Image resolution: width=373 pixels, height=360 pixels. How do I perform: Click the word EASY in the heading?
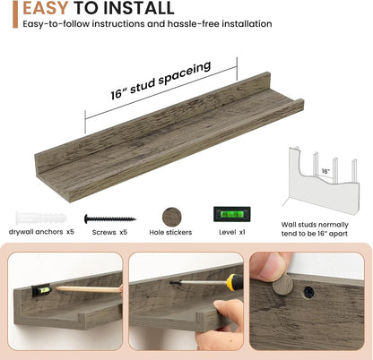tap(46, 7)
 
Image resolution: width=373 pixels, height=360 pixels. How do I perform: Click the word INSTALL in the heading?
tap(138, 7)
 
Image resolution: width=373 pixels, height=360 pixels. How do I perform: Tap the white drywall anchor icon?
tap(41, 219)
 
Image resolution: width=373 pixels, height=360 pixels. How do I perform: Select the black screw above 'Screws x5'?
tap(109, 219)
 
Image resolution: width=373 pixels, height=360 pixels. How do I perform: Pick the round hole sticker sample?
tap(172, 217)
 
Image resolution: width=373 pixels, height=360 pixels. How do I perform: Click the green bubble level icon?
tap(232, 214)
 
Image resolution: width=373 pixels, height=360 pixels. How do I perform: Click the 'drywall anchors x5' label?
tap(41, 232)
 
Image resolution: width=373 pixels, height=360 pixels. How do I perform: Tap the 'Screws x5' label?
tap(109, 232)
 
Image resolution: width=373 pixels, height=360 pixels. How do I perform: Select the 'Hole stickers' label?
tap(170, 232)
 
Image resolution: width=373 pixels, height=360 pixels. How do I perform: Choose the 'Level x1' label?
tap(232, 232)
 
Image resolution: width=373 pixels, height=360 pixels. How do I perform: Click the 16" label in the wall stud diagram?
tap(325, 171)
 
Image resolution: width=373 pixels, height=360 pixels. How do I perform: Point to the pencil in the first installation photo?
tap(89, 289)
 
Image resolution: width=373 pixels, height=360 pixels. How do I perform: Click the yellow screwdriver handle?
tap(231, 282)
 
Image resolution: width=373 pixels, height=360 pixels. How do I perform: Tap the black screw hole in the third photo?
tap(308, 292)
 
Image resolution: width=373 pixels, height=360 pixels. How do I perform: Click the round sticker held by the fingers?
tap(282, 284)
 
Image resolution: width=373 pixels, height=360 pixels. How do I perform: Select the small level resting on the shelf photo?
tap(41, 290)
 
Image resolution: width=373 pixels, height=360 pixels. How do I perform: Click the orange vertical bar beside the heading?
tap(15, 14)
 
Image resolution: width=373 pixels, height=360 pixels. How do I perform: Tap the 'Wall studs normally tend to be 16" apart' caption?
tap(315, 229)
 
